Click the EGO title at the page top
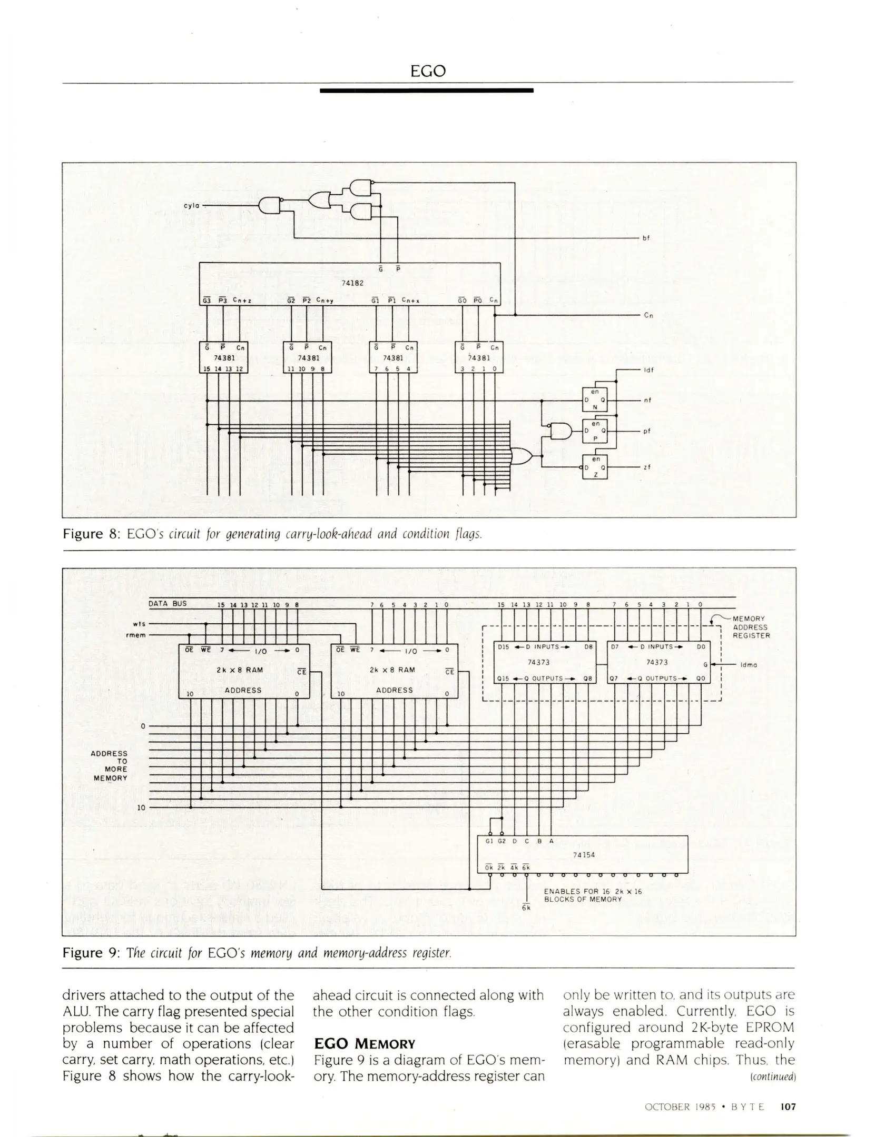click(428, 71)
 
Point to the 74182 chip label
click(353, 283)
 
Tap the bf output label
click(646, 238)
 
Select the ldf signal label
click(648, 370)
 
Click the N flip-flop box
click(595, 400)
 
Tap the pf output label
click(647, 431)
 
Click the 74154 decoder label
click(584, 855)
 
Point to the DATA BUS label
click(168, 604)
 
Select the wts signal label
click(139, 624)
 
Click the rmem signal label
click(137, 635)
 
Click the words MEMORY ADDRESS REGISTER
click(751, 627)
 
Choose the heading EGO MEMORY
click(365, 1044)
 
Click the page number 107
click(788, 1107)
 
